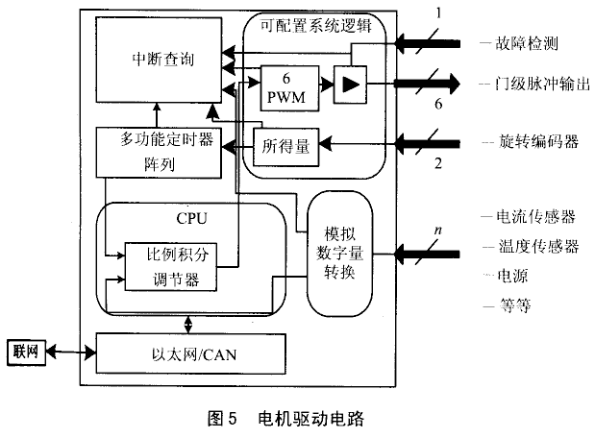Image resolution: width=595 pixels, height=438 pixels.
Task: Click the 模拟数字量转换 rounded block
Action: [x=338, y=253]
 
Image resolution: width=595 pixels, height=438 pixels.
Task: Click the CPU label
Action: [x=191, y=217]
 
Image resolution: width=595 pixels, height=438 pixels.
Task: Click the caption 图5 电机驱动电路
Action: [x=291, y=419]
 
